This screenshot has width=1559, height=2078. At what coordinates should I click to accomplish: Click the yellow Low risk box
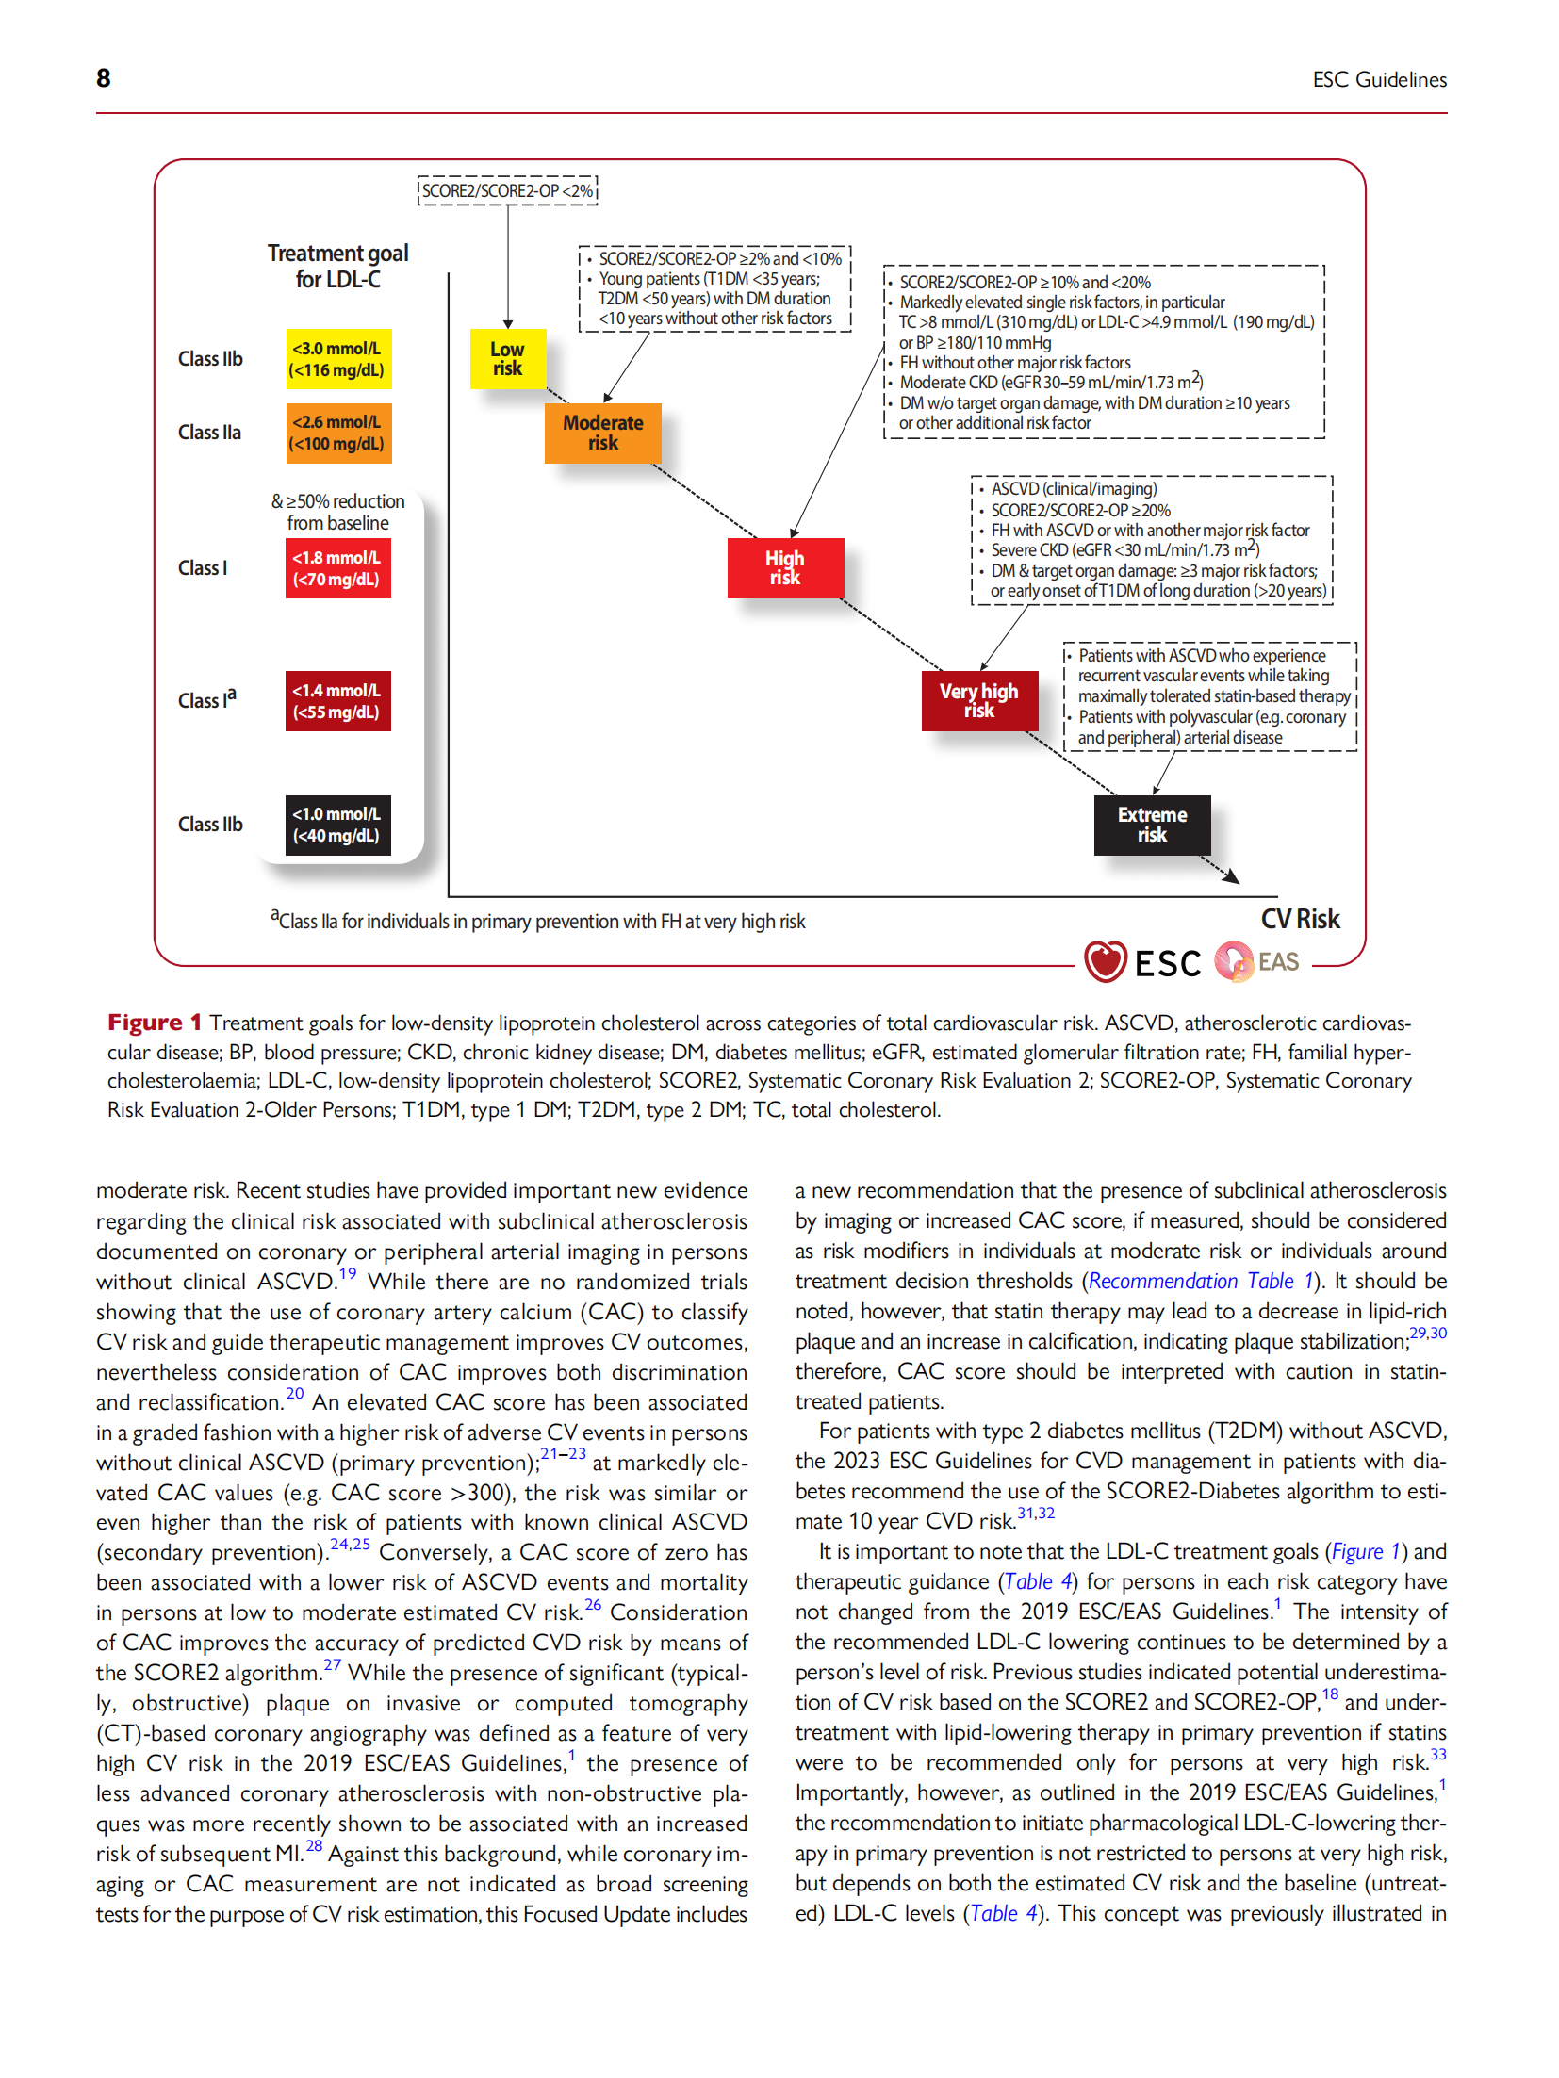507,359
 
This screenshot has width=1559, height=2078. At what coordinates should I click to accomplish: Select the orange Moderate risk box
602,434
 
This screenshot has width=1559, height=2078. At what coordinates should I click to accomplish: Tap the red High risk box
784,568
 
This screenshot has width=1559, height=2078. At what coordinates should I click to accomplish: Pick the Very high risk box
978,701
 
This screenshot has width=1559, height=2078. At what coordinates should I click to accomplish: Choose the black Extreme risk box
1151,825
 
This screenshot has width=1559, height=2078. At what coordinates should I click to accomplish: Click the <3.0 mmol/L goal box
337,359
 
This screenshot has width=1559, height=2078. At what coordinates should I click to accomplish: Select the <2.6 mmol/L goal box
337,434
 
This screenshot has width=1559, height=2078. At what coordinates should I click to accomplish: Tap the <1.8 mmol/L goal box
337,568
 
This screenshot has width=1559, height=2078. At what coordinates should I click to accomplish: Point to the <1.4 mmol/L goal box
337,701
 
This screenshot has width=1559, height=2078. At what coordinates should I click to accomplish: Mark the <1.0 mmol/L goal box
337,825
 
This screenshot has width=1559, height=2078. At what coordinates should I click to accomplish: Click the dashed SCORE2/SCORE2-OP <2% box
507,191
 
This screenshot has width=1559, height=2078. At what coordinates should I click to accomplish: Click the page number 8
104,78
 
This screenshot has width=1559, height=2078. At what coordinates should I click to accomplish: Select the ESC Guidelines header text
1379,80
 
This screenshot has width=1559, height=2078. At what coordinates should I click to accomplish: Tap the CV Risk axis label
1300,919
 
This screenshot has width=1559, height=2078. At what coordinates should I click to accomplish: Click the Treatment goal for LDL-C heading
337,267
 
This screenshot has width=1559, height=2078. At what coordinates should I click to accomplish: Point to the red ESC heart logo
1105,961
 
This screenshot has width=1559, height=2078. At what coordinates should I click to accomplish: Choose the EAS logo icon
1233,961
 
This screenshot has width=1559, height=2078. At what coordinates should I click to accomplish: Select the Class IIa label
209,433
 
